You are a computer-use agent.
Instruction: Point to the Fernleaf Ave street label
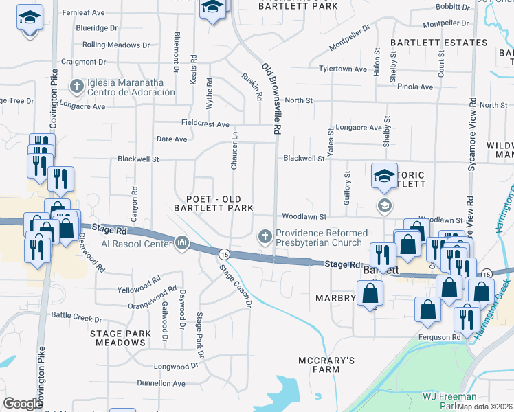tap(83, 12)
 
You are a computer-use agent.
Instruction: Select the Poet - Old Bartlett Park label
tap(214, 203)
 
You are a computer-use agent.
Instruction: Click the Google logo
tap(23, 404)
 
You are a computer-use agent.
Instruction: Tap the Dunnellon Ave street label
tap(162, 383)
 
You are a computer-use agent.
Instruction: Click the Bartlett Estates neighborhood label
tap(429, 43)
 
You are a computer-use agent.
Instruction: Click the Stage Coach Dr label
tap(236, 286)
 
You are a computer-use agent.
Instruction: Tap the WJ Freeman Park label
tap(450, 401)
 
